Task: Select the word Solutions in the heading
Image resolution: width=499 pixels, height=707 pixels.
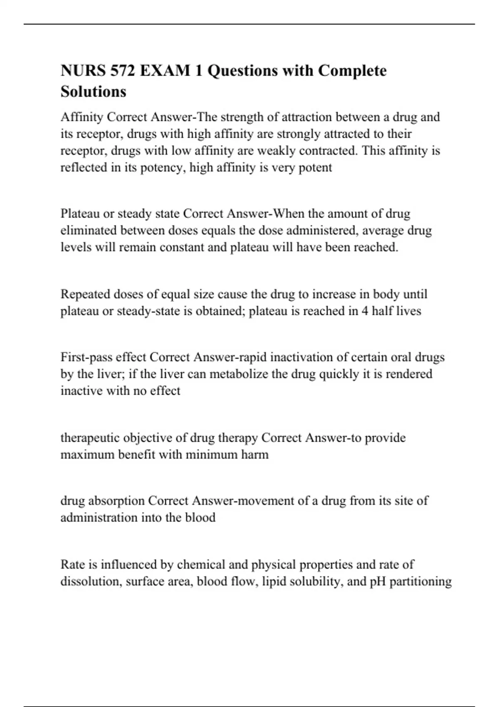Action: (93, 91)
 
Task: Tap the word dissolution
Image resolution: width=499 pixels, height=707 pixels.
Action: (89, 581)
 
